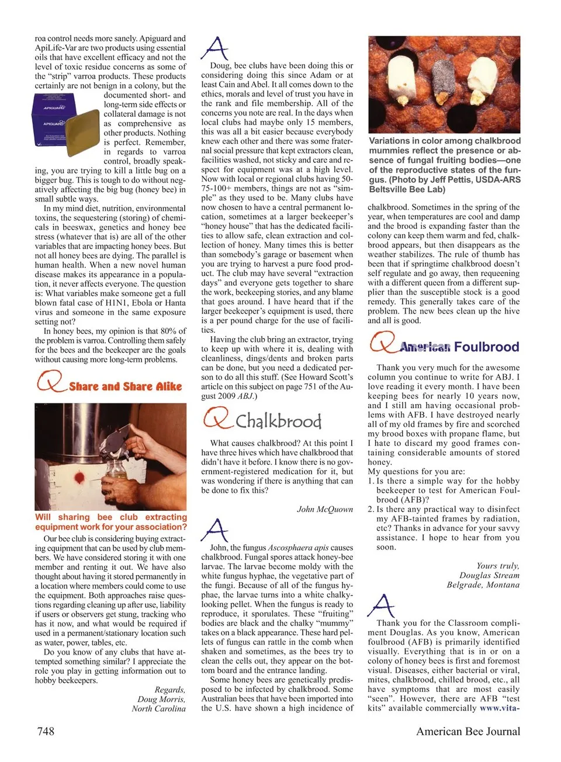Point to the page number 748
pos(46,731)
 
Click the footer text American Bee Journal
pos(468,731)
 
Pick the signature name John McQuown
pos(325,509)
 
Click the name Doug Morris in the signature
pos(161,699)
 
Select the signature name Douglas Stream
pos(489,575)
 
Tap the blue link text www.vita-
pos(499,708)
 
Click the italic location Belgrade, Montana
pos(483,584)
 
